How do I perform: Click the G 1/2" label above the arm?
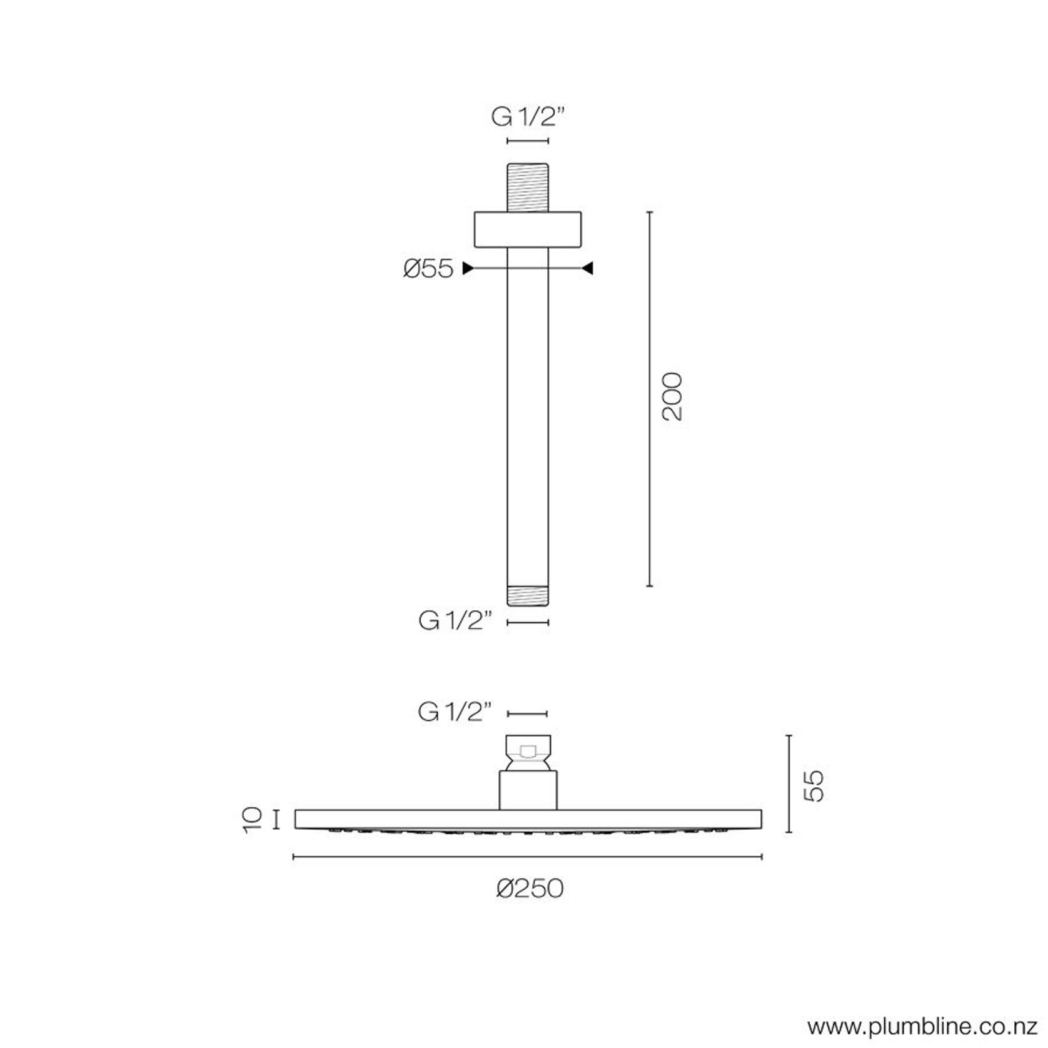coord(528,117)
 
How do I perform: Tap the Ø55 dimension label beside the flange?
coord(428,269)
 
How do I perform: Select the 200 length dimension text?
coord(673,397)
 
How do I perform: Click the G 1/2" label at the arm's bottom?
coord(455,622)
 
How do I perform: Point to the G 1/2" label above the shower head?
coord(455,712)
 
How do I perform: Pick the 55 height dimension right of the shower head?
coord(814,786)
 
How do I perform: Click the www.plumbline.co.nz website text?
coord(923,1027)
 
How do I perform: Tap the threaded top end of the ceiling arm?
coord(528,188)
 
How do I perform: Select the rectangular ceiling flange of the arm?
coord(528,229)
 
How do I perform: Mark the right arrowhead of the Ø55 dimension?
coord(588,269)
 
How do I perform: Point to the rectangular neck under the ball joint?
coord(528,790)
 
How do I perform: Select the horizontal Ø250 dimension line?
coord(528,857)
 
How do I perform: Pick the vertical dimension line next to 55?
coord(789,784)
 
